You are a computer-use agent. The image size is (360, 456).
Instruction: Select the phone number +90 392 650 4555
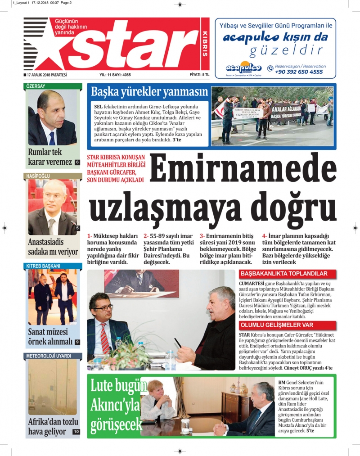pos(299,72)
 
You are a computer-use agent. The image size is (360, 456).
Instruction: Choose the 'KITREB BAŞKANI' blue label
pos(43,266)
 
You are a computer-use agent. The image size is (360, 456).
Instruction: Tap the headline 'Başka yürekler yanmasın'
pos(149,92)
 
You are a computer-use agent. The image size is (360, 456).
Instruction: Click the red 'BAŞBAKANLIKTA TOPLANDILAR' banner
pos(283,274)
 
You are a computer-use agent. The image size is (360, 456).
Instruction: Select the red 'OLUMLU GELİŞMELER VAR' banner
pos(277,325)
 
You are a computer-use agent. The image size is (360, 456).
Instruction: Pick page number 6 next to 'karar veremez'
pos(77,162)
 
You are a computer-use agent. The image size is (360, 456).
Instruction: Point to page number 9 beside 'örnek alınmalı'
pos(77,342)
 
